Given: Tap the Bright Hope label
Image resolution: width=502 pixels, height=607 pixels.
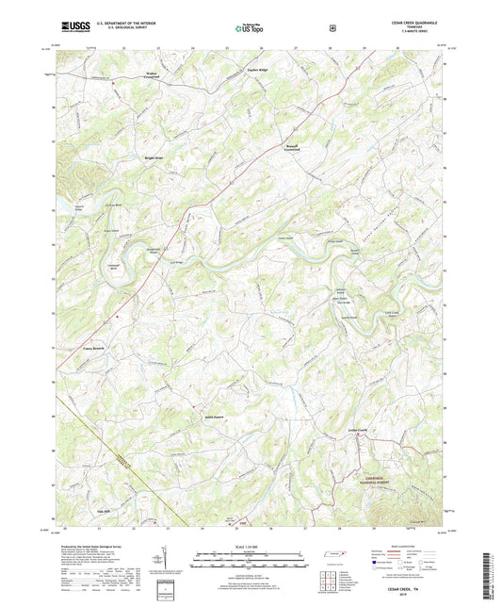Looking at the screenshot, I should click(154, 157).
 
